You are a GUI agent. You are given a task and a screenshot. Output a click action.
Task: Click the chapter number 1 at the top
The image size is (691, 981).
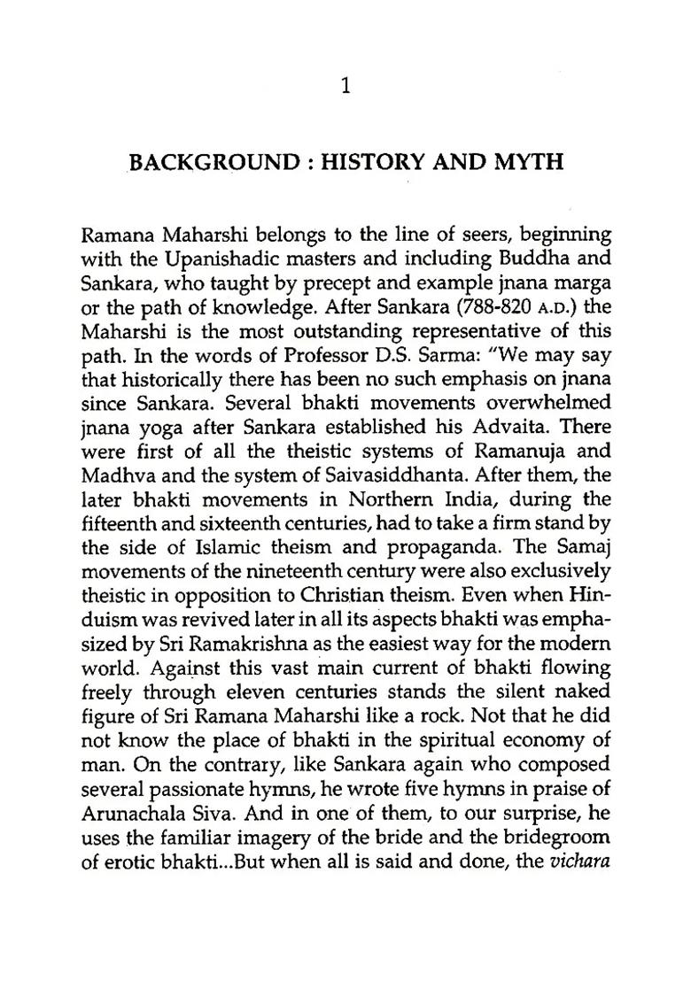click(345, 86)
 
